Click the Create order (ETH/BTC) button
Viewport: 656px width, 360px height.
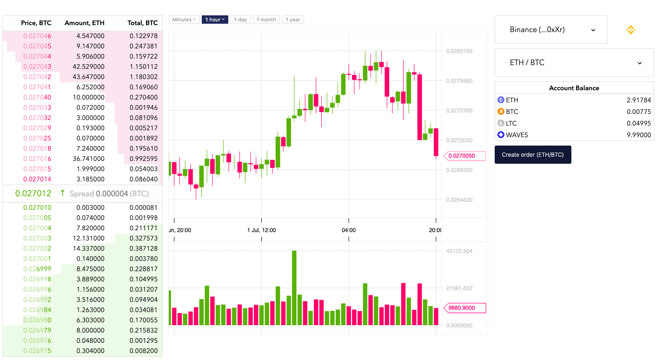(x=532, y=154)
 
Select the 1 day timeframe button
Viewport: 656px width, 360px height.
(x=240, y=20)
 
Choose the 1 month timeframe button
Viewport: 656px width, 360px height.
(x=266, y=20)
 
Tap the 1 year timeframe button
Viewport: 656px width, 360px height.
(x=293, y=20)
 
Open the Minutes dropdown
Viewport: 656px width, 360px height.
(x=184, y=20)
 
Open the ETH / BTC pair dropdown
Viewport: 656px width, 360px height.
(x=574, y=62)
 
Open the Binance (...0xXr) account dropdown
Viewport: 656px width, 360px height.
(x=551, y=30)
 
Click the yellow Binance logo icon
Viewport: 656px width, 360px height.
(x=630, y=30)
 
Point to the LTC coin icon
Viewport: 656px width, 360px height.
(x=501, y=123)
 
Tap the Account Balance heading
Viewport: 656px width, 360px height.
(x=574, y=88)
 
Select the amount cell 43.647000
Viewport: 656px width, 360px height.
(x=88, y=77)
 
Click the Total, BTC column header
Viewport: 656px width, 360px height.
(x=142, y=23)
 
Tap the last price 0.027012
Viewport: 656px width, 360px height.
(x=33, y=193)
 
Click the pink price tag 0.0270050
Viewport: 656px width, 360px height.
(x=465, y=156)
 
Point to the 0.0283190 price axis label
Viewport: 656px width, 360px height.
(x=459, y=51)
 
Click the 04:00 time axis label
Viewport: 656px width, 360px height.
(x=349, y=230)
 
